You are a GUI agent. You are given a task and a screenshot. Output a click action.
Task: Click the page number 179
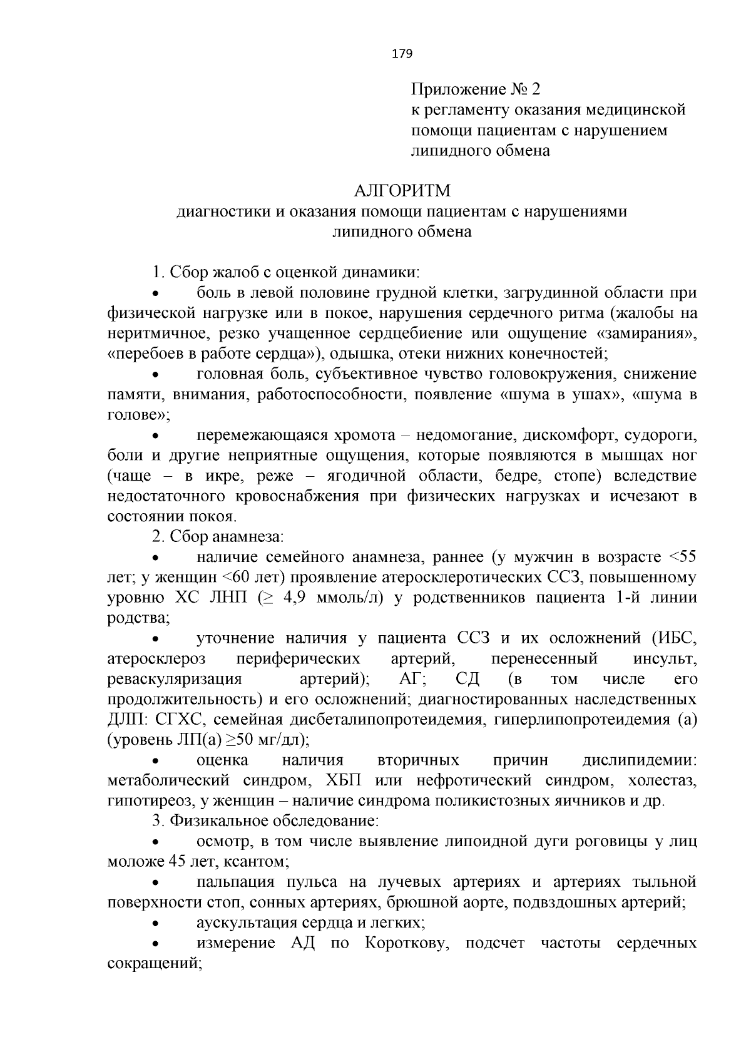coord(402,54)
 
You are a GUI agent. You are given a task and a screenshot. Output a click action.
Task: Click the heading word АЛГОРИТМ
coord(402,190)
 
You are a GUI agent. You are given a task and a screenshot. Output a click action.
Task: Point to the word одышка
coord(362,354)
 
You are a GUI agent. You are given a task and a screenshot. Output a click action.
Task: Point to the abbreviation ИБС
coord(677,638)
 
